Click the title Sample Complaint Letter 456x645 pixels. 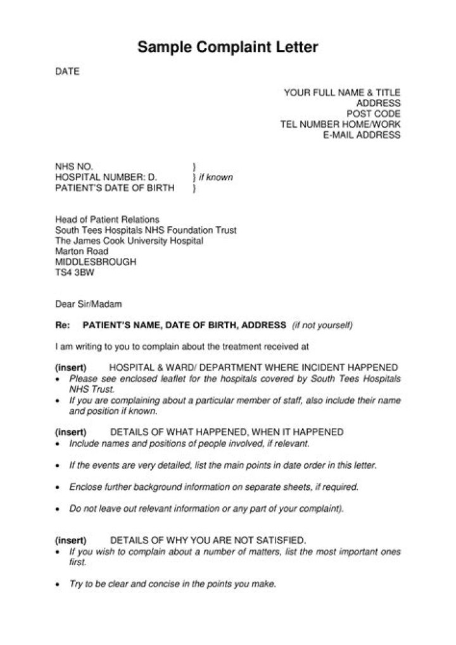228,48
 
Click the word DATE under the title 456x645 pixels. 66,72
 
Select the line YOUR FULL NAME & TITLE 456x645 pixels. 342,93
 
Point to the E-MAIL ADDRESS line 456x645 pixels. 362,135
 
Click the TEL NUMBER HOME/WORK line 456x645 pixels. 340,124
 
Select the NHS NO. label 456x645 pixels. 73,167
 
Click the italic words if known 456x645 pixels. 216,177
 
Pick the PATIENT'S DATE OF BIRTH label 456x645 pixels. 115,188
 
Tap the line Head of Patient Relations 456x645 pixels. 107,220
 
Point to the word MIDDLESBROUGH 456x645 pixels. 95,262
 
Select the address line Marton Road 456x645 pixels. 82,252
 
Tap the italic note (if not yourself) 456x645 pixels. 322,326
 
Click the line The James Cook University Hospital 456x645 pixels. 129,241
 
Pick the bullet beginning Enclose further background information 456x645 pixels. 214,487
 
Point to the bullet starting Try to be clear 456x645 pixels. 172,584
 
